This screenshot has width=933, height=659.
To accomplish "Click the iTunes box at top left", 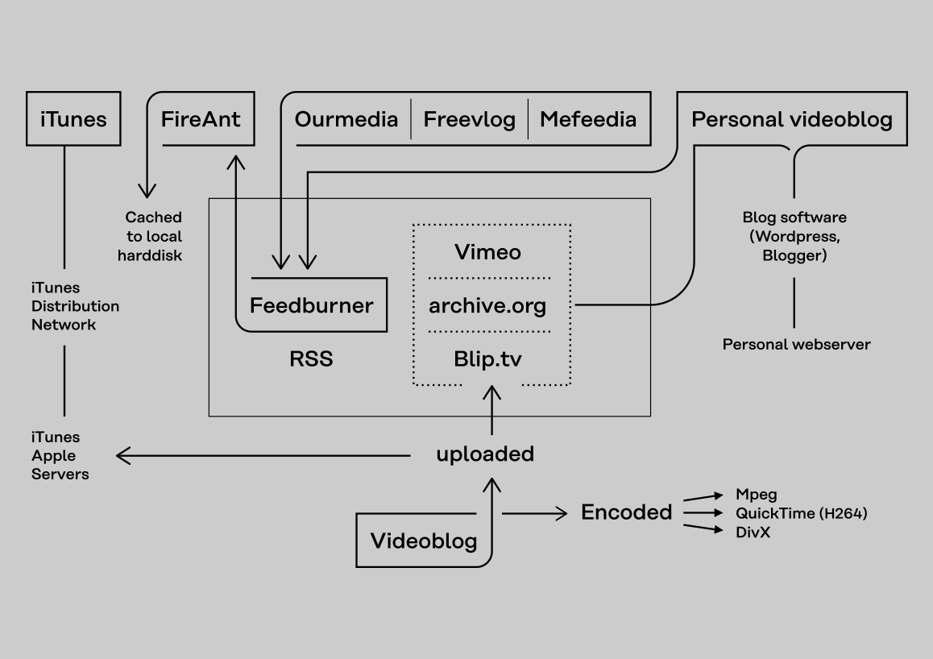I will pos(73,119).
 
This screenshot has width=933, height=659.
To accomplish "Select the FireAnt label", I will pos(201,119).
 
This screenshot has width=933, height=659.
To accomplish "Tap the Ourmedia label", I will pos(346,119).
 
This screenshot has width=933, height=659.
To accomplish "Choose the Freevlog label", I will pos(470,119).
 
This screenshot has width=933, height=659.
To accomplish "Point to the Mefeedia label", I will pos(588,119).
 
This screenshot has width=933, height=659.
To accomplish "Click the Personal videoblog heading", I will pos(792,119).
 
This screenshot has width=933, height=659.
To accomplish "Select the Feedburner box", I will pos(312,305).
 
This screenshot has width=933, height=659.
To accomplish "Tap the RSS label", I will pos(311,359).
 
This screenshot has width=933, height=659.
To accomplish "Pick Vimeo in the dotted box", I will pos(487,252).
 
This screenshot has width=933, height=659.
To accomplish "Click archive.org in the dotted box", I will pos(487,305).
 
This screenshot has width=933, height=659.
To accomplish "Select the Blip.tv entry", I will pos(487,359).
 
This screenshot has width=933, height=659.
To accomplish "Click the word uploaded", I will pos(485,454).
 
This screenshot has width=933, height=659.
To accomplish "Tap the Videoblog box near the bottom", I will pos(424,541).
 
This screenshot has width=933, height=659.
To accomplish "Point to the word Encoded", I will pos(627,512).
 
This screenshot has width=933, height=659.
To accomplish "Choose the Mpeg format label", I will pos(756,495).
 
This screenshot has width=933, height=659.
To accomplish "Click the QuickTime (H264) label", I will pos(801,513).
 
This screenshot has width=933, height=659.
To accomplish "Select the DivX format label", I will pos(753,532).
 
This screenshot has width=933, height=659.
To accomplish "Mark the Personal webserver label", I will pos(796,344).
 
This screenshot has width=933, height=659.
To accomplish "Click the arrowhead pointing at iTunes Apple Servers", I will pos(122,456).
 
